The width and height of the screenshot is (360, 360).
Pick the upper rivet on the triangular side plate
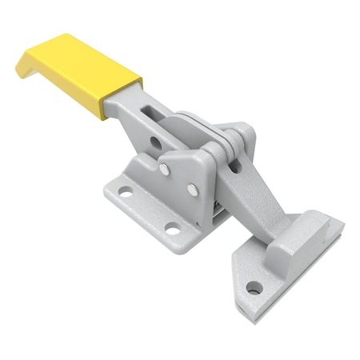pyautogui.click(x=165, y=169)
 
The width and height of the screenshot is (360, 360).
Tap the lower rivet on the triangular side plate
pyautogui.click(x=192, y=190)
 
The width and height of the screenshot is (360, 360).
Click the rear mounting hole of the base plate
pyautogui.click(x=126, y=192)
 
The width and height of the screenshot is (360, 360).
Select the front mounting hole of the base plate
pyautogui.click(x=172, y=231)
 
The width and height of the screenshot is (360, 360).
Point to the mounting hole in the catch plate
pyautogui.click(x=254, y=287)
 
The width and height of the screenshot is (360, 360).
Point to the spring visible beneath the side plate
pyautogui.click(x=217, y=210)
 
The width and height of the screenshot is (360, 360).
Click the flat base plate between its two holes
pyautogui.click(x=148, y=212)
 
